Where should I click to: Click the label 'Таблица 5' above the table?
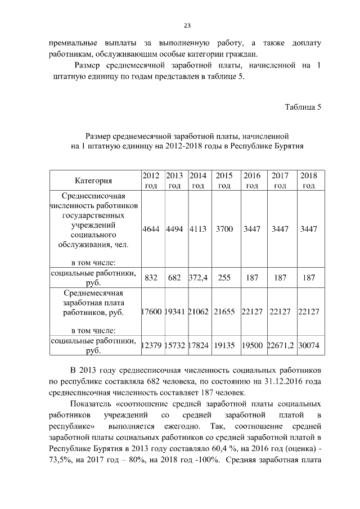(303, 108)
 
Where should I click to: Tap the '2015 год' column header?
(224, 181)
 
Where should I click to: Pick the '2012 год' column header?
(151, 181)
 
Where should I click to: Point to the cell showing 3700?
(224, 229)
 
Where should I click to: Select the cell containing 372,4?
(198, 278)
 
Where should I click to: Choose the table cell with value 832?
(151, 278)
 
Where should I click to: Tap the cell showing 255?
(224, 278)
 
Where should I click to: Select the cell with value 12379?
(151, 346)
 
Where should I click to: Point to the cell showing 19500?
(252, 346)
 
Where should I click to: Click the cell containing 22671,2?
(280, 346)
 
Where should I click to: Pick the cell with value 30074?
(309, 346)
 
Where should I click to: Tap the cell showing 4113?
(198, 229)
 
